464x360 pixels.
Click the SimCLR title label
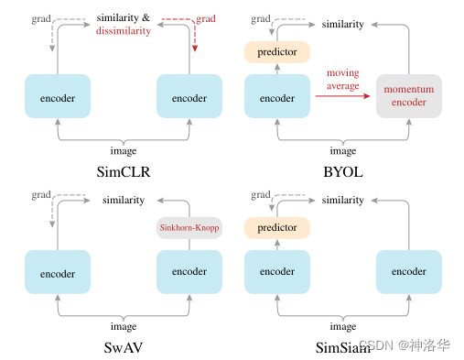pyautogui.click(x=124, y=170)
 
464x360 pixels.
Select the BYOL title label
pyautogui.click(x=343, y=170)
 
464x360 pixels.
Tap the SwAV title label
pyautogui.click(x=124, y=346)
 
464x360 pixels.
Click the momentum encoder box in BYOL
pyautogui.click(x=409, y=95)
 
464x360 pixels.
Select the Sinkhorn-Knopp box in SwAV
pyautogui.click(x=189, y=227)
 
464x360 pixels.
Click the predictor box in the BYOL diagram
pyautogui.click(x=277, y=52)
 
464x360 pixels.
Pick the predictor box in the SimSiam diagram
pyautogui.click(x=277, y=227)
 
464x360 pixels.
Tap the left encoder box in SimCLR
pyautogui.click(x=58, y=96)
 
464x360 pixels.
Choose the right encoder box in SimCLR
pyautogui.click(x=189, y=96)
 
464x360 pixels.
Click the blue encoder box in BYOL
pyautogui.click(x=277, y=96)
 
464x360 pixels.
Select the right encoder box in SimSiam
pyautogui.click(x=409, y=272)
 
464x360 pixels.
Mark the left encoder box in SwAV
pyautogui.click(x=58, y=272)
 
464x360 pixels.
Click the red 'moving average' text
pyautogui.click(x=343, y=78)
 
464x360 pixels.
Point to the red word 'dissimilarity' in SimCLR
pyautogui.click(x=124, y=32)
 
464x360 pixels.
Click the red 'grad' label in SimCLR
pyautogui.click(x=206, y=17)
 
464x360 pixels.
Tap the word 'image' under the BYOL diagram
pyautogui.click(x=343, y=151)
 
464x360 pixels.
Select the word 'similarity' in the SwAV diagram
pyautogui.click(x=124, y=200)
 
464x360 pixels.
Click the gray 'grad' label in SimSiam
pyautogui.click(x=260, y=194)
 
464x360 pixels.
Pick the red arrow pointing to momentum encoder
pyautogui.click(x=343, y=95)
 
